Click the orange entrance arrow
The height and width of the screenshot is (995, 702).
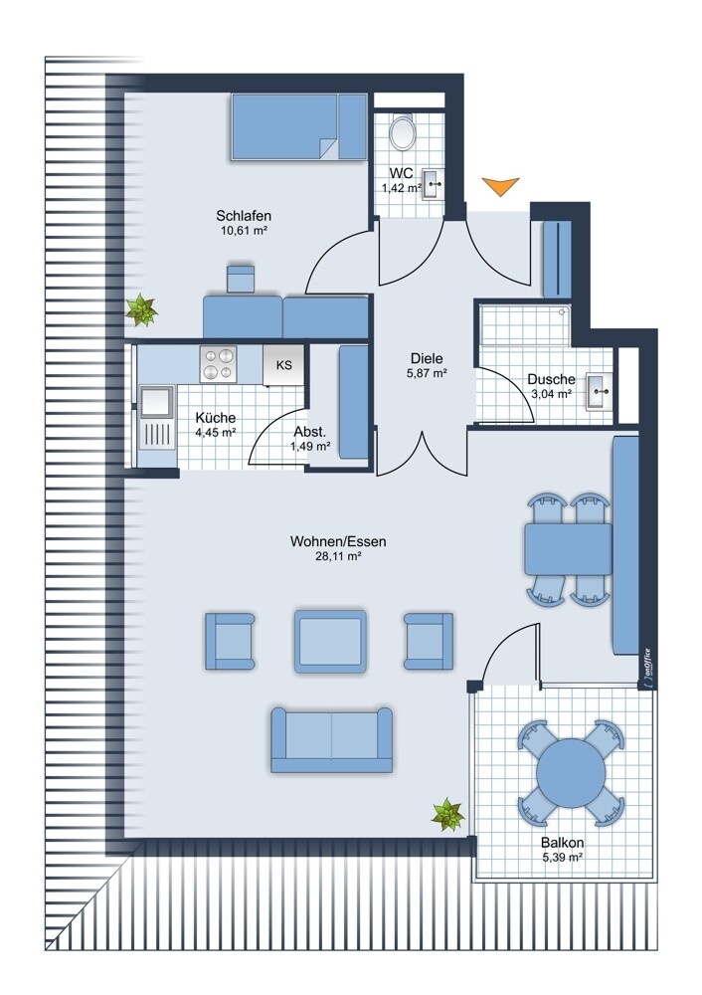pos(500,185)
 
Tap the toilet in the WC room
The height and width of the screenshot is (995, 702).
pos(402,132)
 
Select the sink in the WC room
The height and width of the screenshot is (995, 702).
pos(434,185)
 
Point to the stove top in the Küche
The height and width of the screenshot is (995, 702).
pos(218,364)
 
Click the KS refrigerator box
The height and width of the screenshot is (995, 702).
pos(283,365)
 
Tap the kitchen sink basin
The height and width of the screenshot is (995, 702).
pos(156,402)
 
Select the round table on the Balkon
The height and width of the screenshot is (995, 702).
pos(571,772)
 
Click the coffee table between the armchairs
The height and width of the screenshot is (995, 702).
pos(330,642)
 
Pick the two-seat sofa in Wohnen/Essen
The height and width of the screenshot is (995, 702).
pos(332,740)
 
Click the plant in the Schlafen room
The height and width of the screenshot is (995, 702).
pos(141,310)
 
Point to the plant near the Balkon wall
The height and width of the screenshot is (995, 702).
pos(448,815)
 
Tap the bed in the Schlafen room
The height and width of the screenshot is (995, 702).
pos(299,126)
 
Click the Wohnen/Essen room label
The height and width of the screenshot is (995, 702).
pos(338,541)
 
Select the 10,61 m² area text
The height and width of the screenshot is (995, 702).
pos(244,231)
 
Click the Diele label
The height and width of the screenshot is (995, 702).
pos(427,358)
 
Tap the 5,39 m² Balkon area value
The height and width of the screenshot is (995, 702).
pos(563,858)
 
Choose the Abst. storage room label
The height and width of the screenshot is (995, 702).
pos(310,432)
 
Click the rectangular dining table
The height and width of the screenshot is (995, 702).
pos(568,549)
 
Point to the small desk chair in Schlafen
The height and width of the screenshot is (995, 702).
pos(241,280)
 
